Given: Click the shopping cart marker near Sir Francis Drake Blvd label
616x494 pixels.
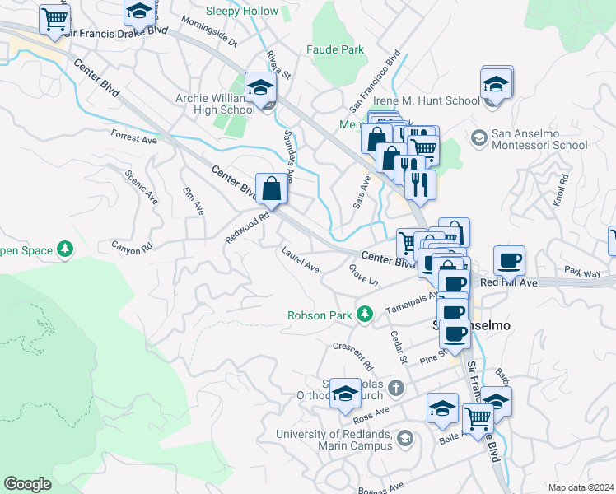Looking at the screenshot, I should (55, 19).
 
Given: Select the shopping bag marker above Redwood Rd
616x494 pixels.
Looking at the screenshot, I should (272, 189).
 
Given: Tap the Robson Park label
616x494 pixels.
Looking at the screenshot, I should (320, 315).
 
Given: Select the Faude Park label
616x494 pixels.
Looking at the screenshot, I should (334, 50).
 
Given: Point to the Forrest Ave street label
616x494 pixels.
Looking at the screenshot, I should (133, 137).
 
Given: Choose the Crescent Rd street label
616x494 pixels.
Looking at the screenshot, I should (353, 355).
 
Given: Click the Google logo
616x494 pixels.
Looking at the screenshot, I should (27, 484).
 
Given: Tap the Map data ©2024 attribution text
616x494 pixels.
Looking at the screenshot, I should (581, 487).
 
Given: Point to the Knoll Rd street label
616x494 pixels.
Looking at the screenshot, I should (560, 189).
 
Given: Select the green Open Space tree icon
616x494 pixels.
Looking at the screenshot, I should (65, 249).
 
